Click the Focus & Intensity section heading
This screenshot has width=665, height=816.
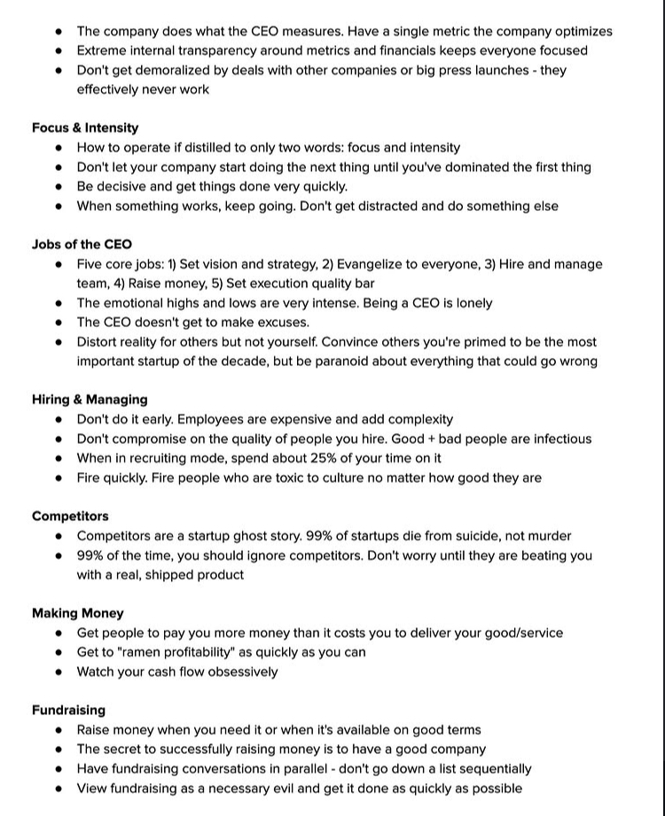tap(85, 128)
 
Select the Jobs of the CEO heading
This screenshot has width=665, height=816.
tap(82, 245)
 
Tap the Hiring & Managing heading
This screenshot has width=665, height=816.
tap(90, 400)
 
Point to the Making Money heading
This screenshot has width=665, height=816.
tap(77, 613)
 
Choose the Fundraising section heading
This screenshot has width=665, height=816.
tap(68, 710)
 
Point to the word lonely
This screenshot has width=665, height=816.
tap(468, 303)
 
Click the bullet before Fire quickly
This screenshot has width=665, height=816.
tap(59, 478)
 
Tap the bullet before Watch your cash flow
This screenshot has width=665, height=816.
tap(59, 672)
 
